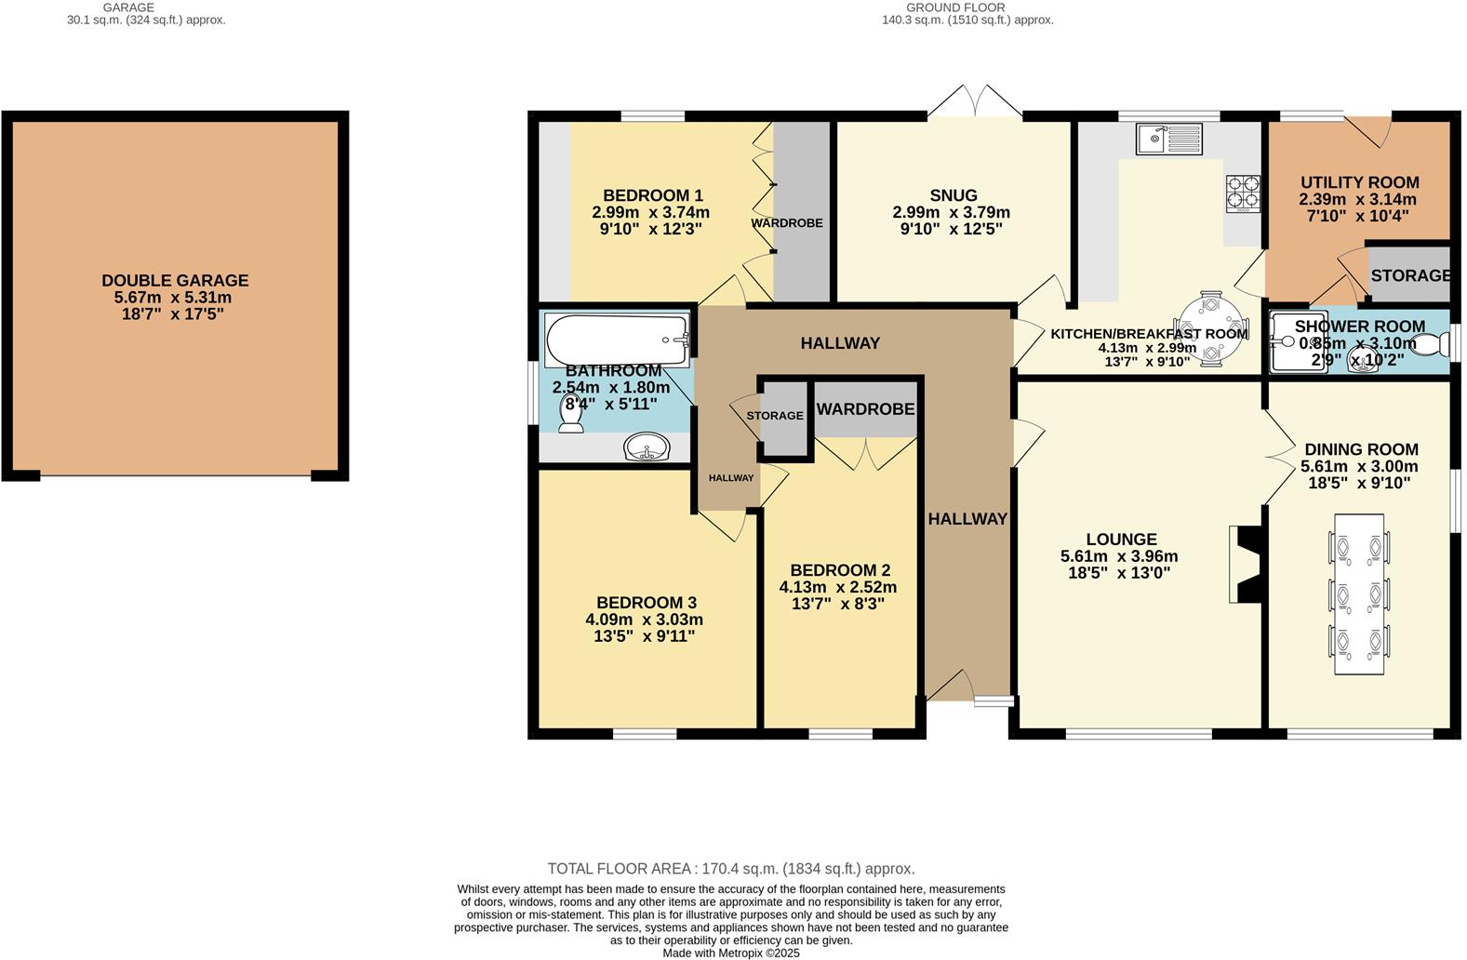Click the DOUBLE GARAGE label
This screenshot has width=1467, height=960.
click(175, 280)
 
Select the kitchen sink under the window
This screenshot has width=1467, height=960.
click(1168, 140)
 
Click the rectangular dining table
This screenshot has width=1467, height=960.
click(1359, 593)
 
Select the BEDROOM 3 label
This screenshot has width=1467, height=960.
click(647, 603)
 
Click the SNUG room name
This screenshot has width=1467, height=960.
click(954, 195)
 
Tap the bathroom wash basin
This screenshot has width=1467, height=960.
click(647, 449)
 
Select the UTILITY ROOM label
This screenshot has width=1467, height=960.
click(1359, 182)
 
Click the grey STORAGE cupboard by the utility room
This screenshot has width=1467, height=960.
click(1409, 275)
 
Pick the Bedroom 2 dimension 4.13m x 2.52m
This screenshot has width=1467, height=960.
click(837, 587)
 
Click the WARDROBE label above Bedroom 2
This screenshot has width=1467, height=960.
click(865, 409)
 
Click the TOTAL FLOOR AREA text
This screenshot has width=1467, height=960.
click(730, 869)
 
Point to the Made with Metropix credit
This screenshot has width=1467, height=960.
click(730, 953)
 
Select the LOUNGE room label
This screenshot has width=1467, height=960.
click(1121, 540)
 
